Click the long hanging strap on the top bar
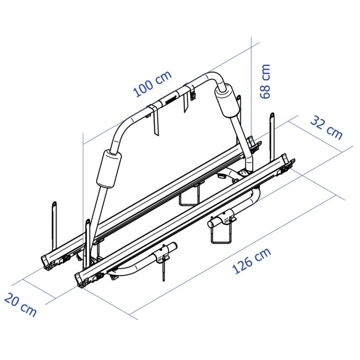tap(154, 123)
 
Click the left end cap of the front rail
tap(83, 279)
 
